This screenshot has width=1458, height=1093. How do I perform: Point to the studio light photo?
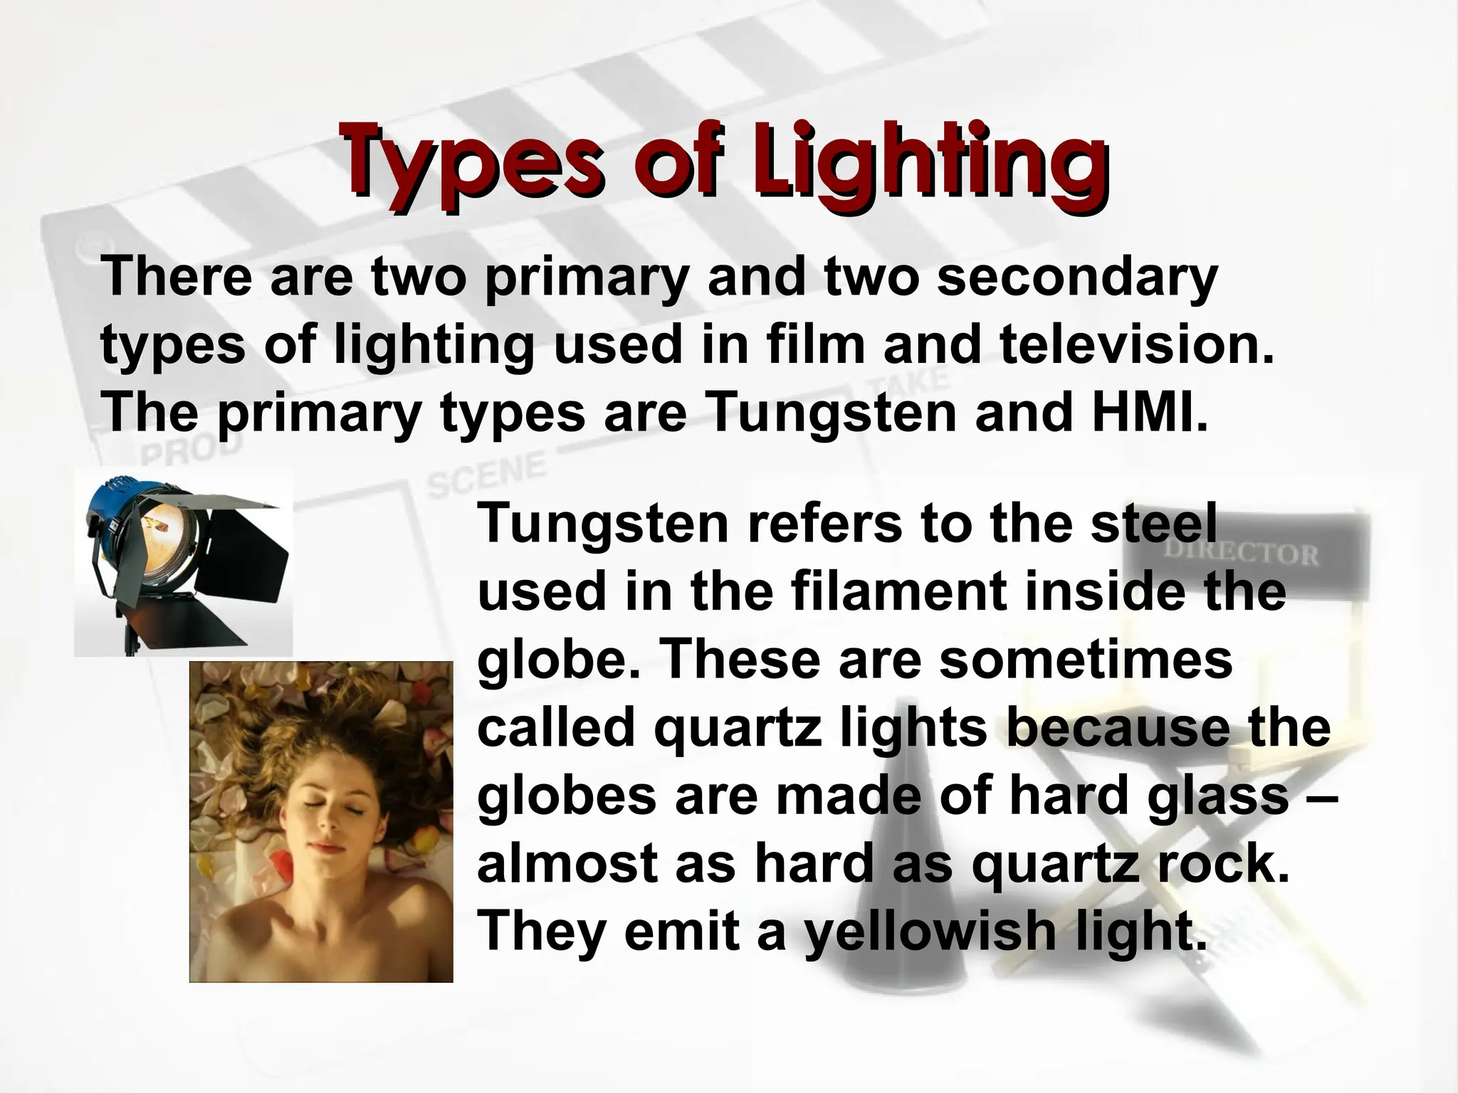(184, 562)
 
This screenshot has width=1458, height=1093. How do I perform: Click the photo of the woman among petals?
(321, 822)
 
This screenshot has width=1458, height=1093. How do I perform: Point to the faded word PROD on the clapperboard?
(190, 448)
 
